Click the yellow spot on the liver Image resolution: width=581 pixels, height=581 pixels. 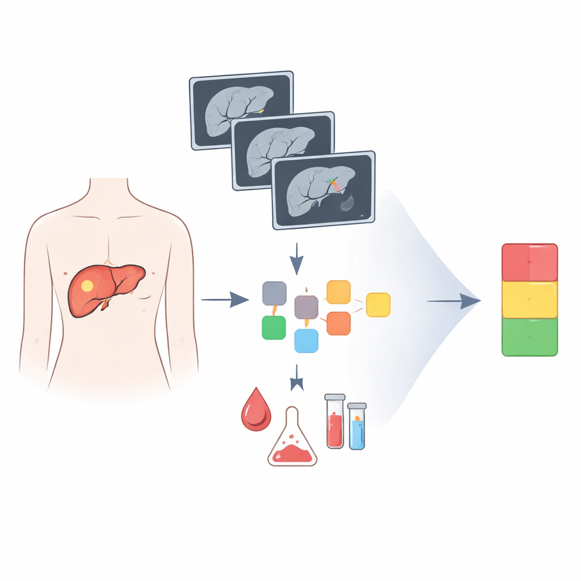(x=87, y=286)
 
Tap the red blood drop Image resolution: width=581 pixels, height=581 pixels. (x=256, y=410)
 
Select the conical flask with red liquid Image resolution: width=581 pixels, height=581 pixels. (x=292, y=443)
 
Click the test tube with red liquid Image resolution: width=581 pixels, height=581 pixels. (x=335, y=423)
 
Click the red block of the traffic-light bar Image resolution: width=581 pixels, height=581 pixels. (x=530, y=263)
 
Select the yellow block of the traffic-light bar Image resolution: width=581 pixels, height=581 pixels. (x=530, y=300)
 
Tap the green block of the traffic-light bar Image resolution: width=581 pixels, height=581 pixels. (x=530, y=336)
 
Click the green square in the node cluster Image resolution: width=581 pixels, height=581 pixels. (x=273, y=328)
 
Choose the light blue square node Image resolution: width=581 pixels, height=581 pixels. (x=306, y=340)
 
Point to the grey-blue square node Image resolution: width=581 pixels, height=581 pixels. (x=274, y=293)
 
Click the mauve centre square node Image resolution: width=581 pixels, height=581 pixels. (x=306, y=307)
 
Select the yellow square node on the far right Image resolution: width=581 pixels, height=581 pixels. (x=378, y=305)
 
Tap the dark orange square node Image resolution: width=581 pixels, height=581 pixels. (x=339, y=323)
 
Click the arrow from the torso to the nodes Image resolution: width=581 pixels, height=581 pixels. (x=225, y=299)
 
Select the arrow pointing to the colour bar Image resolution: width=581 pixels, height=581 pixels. (x=454, y=301)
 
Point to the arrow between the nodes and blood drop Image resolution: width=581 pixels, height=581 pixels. (x=296, y=379)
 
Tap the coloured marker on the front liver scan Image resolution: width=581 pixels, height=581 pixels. (x=334, y=183)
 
